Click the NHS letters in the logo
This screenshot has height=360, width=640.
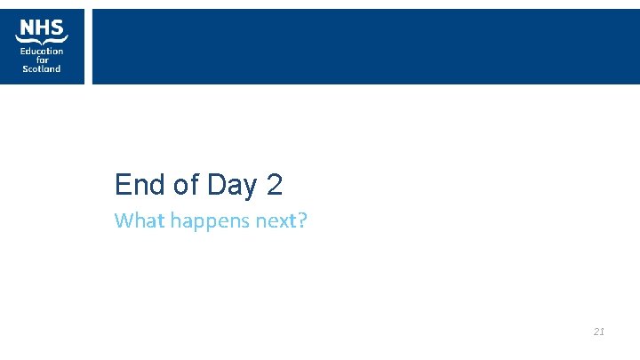[x=42, y=27]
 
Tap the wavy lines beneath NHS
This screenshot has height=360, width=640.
[x=42, y=39]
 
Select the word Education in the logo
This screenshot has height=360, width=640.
[x=42, y=51]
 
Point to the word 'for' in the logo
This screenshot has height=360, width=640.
[x=42, y=60]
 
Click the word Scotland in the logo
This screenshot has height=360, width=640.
[x=42, y=68]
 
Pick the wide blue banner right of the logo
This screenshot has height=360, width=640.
[x=365, y=46]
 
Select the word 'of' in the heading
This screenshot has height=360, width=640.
[x=187, y=185]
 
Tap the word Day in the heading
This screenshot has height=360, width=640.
[x=231, y=186]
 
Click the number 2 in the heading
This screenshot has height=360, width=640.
[x=274, y=185]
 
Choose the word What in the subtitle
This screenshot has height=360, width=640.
[x=135, y=220]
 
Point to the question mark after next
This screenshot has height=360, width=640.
[x=301, y=220]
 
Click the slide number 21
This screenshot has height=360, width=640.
[x=598, y=332]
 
